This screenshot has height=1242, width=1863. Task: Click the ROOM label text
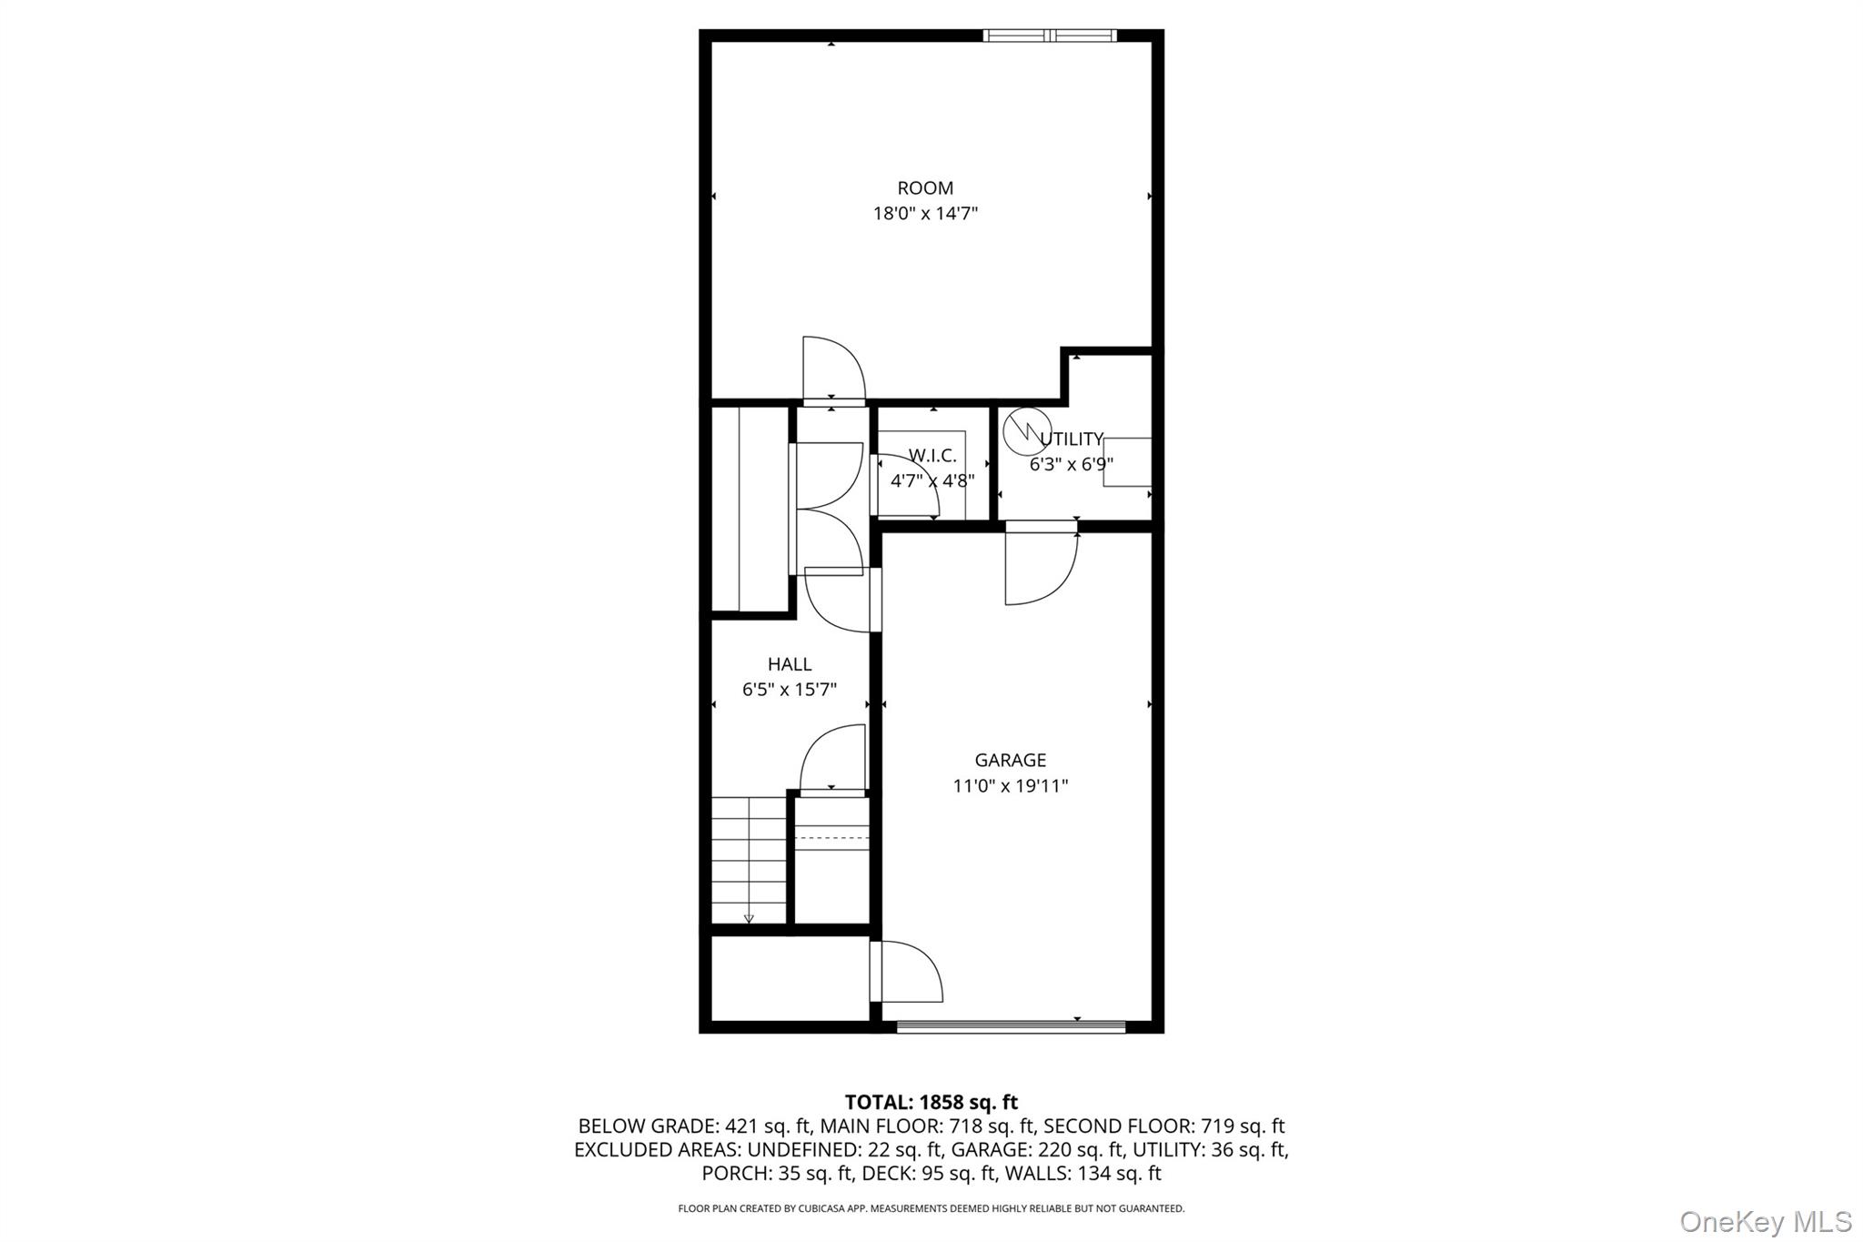[925, 188]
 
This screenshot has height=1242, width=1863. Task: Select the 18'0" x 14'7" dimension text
[925, 214]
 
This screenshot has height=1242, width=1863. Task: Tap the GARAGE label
[1010, 760]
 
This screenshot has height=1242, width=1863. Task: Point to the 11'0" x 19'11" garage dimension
[1010, 785]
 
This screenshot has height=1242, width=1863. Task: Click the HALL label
[790, 664]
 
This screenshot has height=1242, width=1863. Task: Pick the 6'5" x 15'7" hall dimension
[790, 690]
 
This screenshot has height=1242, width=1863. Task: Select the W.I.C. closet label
[932, 456]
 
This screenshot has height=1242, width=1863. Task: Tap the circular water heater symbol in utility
[1026, 430]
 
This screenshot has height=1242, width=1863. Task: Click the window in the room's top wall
[1050, 35]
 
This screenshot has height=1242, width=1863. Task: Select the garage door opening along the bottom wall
[1011, 1027]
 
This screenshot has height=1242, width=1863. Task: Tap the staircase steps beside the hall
[748, 860]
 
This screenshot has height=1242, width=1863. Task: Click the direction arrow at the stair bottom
[749, 918]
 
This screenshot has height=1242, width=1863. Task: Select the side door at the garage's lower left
[905, 972]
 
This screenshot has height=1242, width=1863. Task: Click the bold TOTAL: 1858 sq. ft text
[931, 1102]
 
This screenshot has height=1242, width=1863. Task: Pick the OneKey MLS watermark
[1765, 1221]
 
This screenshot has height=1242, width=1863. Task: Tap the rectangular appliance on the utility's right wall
[1127, 461]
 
